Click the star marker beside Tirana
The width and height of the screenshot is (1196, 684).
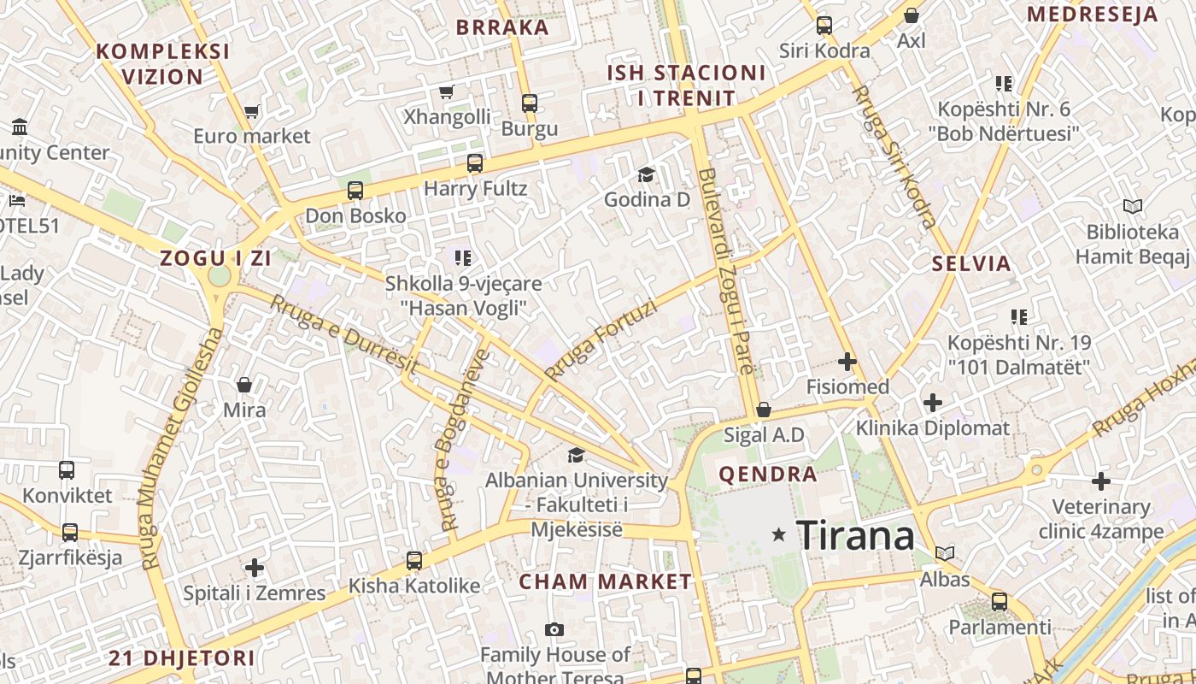[x=778, y=534]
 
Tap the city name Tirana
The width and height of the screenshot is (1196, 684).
[x=855, y=536]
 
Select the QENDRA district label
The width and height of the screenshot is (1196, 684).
[x=768, y=475]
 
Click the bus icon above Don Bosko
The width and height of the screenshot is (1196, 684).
[x=355, y=191]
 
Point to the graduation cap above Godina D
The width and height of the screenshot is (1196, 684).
[x=646, y=175]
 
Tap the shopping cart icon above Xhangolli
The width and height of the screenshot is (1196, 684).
[x=446, y=91]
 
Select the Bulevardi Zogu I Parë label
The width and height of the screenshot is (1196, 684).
[x=727, y=270]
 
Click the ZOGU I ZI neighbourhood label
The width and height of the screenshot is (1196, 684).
[x=215, y=258]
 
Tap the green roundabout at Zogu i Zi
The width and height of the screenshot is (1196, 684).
[x=220, y=277]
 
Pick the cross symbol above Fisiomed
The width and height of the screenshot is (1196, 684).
[x=847, y=363]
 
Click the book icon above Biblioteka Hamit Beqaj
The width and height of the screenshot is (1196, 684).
[x=1133, y=207]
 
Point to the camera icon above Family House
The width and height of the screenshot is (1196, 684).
[x=554, y=630]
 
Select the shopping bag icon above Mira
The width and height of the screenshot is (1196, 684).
[x=244, y=386]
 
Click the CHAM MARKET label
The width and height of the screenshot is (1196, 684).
[x=606, y=582]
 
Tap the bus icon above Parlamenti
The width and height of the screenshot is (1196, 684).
[x=1000, y=602]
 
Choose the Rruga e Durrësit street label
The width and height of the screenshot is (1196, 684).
[x=343, y=334]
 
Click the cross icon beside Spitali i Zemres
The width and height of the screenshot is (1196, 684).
[x=255, y=567]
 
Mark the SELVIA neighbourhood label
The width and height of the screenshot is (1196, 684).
[x=971, y=263]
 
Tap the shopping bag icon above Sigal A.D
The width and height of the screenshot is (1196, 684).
[x=764, y=410]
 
